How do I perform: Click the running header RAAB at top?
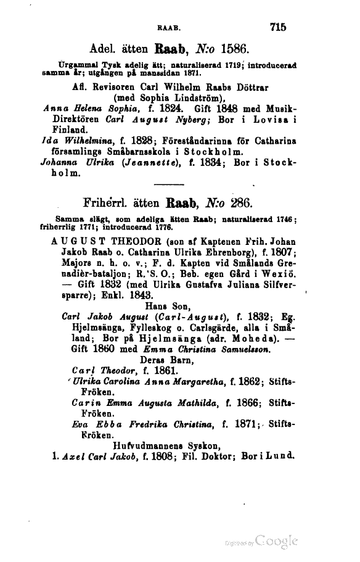(x=168, y=27)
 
